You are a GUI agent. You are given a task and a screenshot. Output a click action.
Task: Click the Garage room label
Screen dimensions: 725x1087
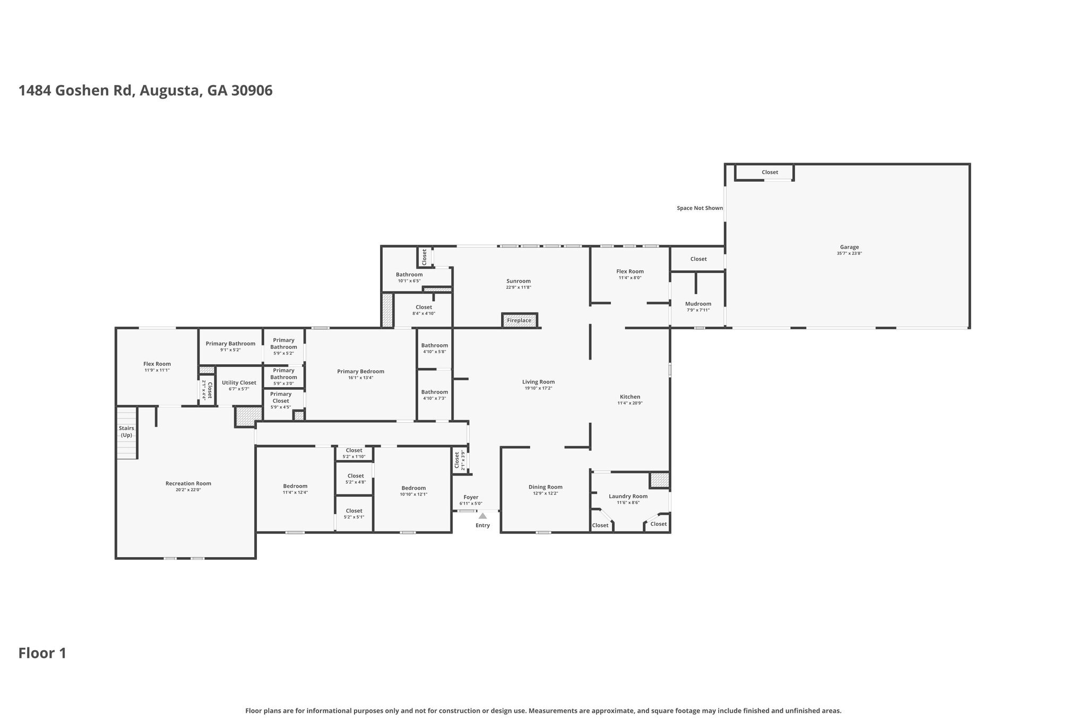[849, 247]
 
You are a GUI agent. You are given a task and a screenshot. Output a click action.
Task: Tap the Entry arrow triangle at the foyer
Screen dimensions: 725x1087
[482, 516]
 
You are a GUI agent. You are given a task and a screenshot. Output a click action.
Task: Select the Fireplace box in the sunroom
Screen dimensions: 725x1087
[519, 320]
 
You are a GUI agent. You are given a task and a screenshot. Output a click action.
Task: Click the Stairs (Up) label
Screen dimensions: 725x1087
[126, 431]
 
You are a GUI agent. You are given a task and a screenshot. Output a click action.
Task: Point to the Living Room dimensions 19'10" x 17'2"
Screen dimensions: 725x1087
[538, 388]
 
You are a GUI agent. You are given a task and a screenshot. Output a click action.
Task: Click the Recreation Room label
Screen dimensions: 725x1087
[188, 483]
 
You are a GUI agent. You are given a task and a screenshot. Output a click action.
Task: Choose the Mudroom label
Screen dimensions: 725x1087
[698, 304]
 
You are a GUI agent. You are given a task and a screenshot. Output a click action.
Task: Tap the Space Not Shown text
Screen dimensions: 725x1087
[700, 208]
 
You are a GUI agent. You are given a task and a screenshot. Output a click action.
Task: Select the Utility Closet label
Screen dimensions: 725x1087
[239, 382]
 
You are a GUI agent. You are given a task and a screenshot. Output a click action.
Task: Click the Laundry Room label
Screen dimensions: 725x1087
[628, 496]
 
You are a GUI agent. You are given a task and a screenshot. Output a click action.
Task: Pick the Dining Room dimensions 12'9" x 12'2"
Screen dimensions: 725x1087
[545, 493]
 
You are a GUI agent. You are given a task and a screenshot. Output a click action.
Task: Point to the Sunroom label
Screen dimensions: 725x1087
[518, 281]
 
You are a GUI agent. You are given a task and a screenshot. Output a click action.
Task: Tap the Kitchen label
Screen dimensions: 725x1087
[630, 397]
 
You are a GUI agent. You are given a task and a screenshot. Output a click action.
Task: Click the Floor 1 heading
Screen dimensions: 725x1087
[42, 653]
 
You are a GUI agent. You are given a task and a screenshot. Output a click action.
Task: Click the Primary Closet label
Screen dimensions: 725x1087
[281, 397]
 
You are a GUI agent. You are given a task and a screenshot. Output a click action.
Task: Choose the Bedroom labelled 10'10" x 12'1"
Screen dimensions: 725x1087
[413, 488]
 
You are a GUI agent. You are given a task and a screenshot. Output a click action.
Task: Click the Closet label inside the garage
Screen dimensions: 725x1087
[770, 172]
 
